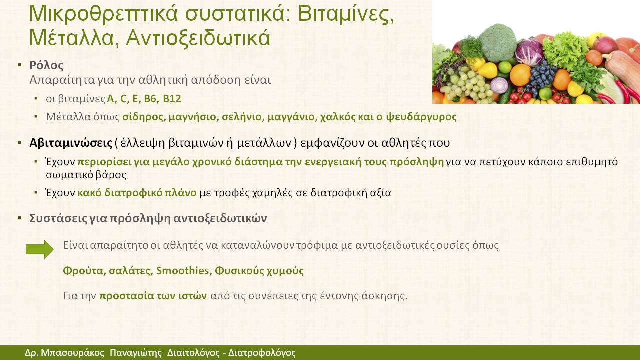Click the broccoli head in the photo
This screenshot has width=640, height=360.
pos(497,43)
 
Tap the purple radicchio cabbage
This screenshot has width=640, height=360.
pos(529,52)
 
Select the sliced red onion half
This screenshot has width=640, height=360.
pos(499,85)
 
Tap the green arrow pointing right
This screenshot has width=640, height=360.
pos(39,249)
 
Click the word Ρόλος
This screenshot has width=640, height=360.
pos(46,65)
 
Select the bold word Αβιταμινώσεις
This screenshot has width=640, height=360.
pos(71,143)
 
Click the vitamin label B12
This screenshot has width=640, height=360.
pos(172,99)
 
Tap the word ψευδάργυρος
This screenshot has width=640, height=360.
pos(421,117)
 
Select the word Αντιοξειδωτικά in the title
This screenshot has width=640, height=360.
pos(198,38)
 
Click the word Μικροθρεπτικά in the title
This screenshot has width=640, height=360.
pos(103,14)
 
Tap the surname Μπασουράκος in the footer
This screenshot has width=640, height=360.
pos(73,353)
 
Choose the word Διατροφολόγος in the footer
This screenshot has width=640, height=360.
pos(262,353)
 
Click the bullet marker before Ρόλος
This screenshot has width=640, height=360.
pos(19,65)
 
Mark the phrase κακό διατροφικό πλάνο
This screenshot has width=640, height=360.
pos(137,193)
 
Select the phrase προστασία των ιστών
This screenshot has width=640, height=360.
pos(153,296)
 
